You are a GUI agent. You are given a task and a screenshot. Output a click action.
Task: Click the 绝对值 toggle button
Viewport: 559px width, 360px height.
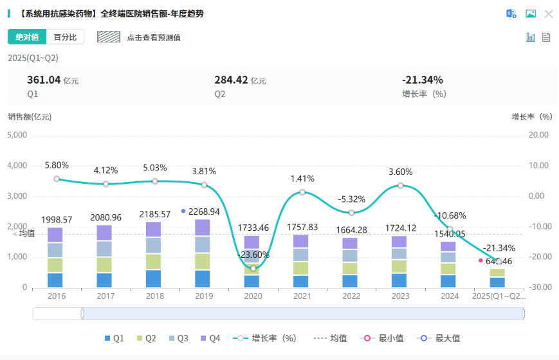27,37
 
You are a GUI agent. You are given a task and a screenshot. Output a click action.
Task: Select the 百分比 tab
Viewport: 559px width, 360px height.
65,37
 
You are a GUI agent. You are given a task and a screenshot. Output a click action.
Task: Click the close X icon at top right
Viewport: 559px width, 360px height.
549,14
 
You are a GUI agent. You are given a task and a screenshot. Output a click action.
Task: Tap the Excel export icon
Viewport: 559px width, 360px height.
511,14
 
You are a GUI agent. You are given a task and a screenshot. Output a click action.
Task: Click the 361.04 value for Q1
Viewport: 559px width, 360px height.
44,80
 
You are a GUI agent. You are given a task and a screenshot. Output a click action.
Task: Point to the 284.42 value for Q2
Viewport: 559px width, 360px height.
231,80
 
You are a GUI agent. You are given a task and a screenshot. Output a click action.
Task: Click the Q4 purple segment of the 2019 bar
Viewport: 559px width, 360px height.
203,228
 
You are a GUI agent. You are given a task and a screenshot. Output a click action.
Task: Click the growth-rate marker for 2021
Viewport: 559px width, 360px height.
302,192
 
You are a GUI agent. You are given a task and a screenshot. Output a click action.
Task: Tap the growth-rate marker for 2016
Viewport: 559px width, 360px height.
57,179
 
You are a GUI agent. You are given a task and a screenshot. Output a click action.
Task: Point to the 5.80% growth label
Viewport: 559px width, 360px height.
57,165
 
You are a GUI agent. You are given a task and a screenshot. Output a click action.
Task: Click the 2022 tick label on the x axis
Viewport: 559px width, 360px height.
351,296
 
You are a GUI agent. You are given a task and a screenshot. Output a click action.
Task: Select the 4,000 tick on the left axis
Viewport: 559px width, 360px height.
17,166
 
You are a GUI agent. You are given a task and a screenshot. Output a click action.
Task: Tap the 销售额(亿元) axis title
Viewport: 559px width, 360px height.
30,117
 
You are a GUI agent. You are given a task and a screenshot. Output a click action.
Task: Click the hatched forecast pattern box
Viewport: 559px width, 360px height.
109,37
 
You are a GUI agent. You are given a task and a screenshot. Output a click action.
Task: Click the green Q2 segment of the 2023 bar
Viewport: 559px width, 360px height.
399,266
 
